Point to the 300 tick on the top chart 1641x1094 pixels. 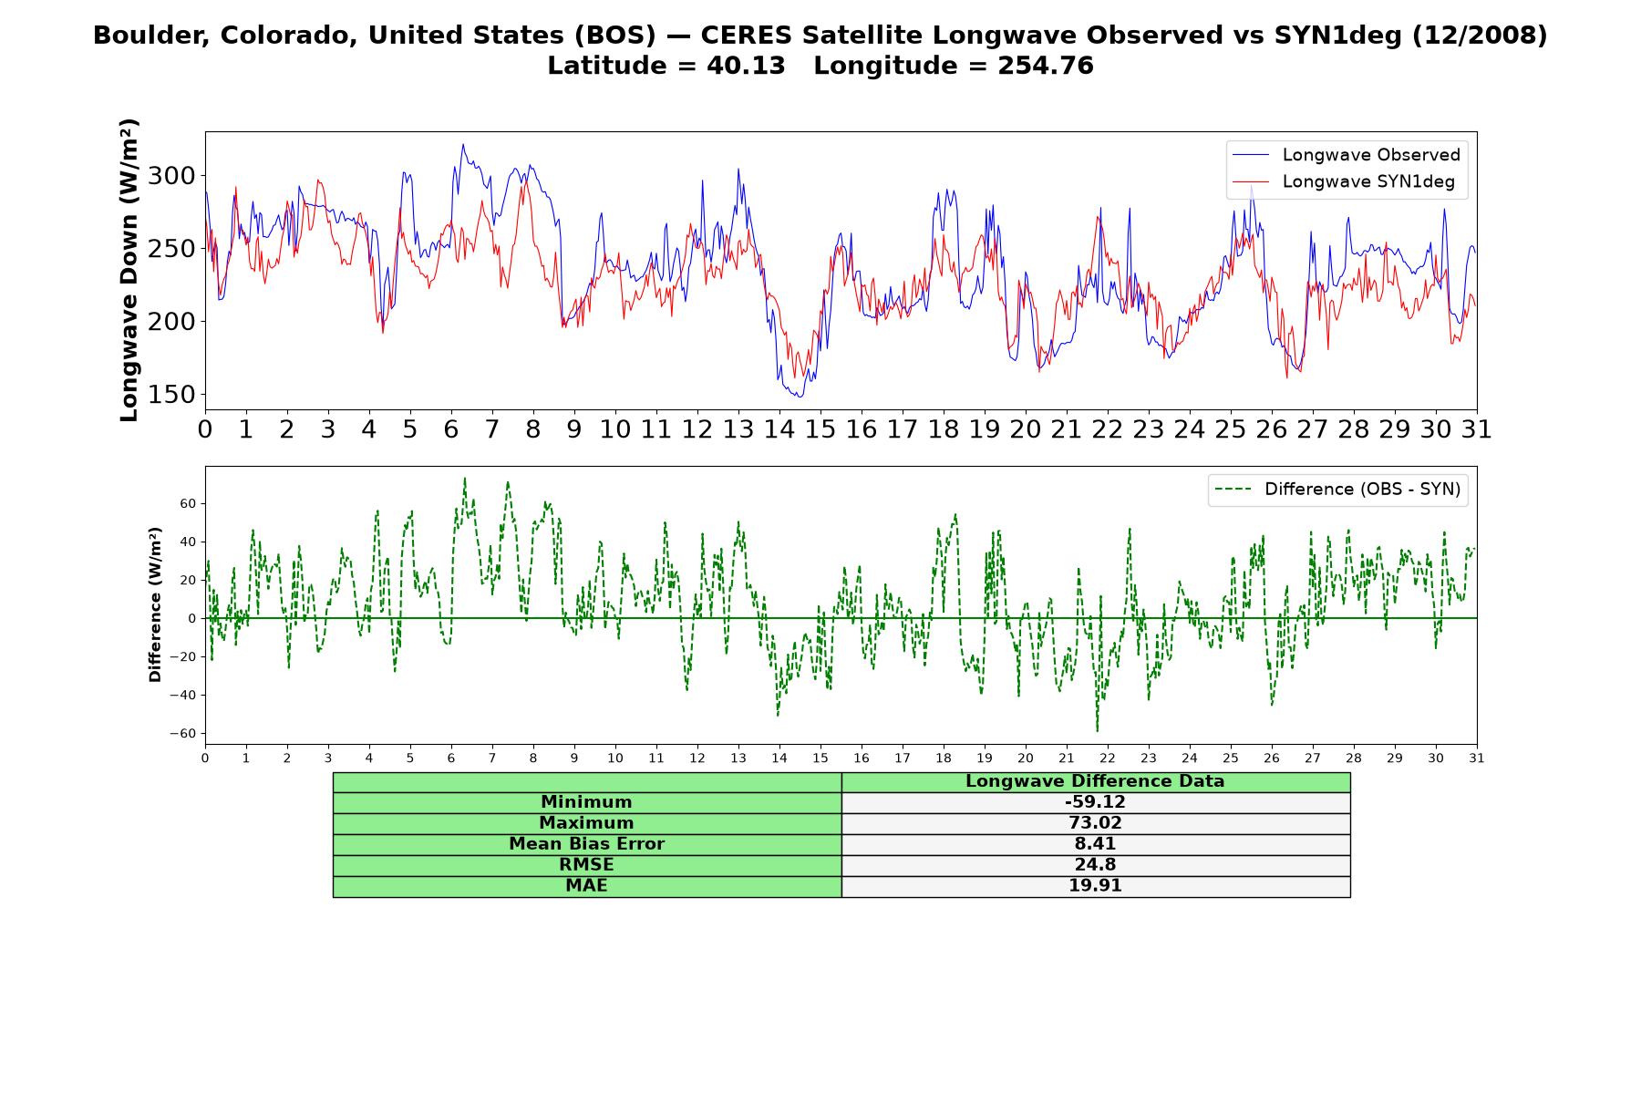(172, 175)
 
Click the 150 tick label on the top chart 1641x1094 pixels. (172, 395)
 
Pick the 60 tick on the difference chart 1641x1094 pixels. (188, 503)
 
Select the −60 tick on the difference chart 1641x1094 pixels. (183, 734)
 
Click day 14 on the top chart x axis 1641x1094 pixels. (779, 428)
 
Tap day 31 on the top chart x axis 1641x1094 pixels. (1477, 428)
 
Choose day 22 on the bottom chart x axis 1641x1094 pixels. (1108, 758)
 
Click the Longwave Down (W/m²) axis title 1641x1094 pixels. (129, 270)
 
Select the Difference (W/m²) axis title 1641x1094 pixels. (155, 604)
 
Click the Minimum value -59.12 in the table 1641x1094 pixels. (1095, 802)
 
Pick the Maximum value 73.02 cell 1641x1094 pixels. (1095, 823)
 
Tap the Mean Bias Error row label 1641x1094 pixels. (586, 844)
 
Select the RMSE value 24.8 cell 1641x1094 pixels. (1095, 865)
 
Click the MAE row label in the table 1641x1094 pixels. (586, 886)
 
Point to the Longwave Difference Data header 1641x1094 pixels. (1095, 781)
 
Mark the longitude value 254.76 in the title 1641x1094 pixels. (1046, 66)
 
